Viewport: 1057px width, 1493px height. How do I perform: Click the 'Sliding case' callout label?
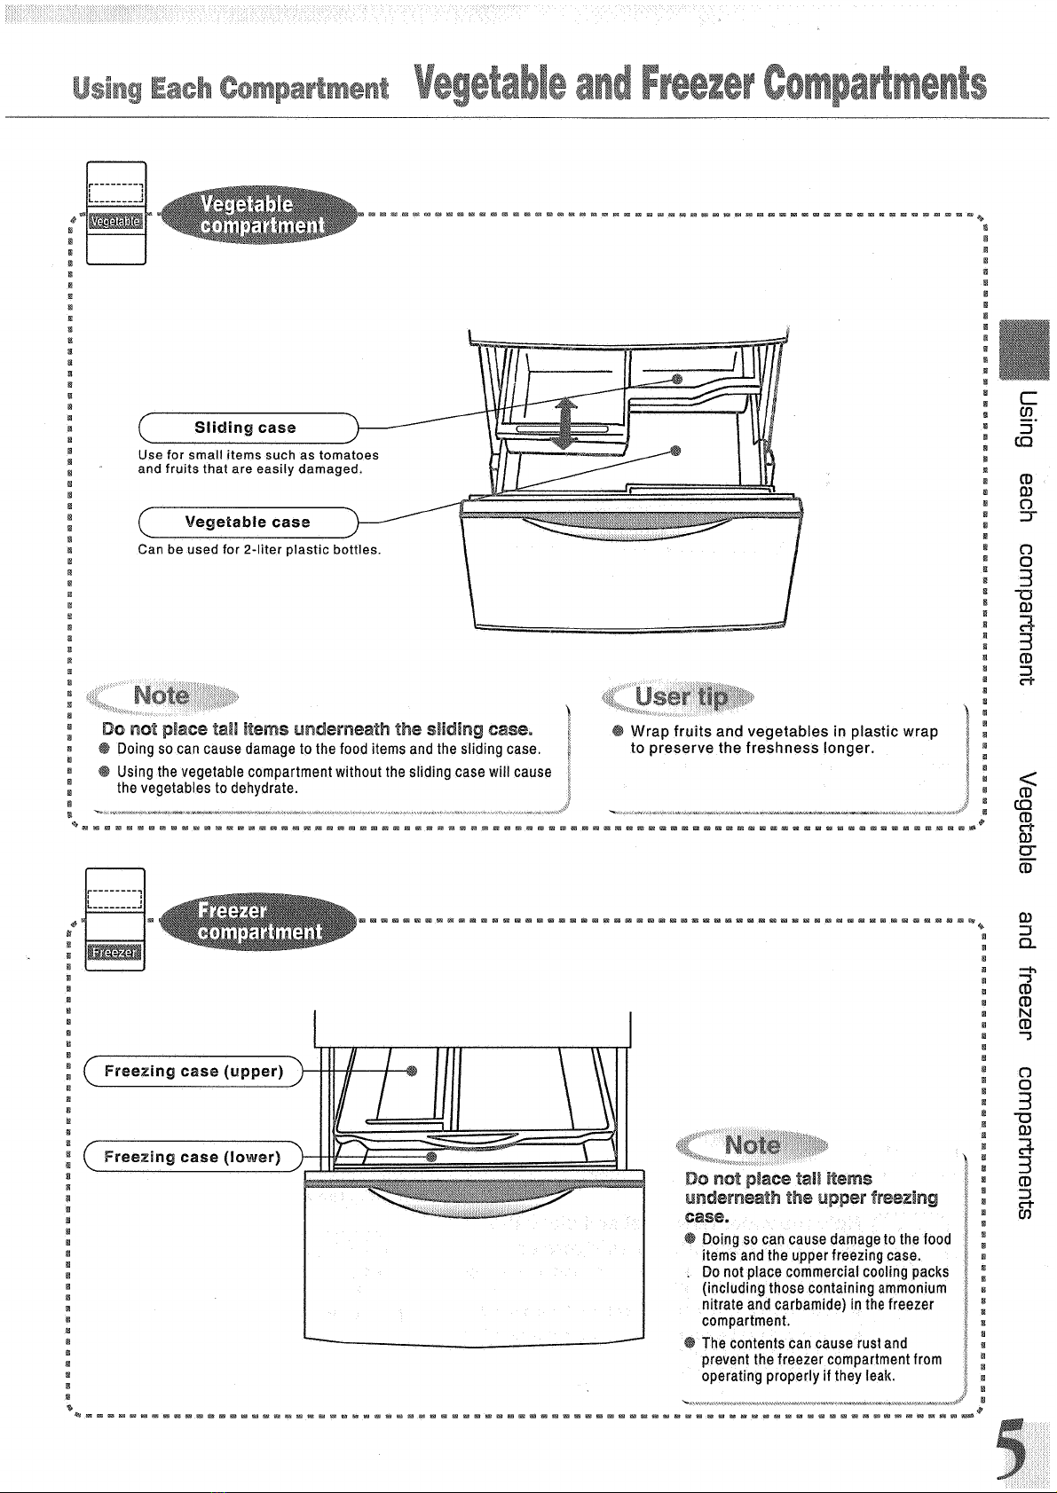pyautogui.click(x=248, y=428)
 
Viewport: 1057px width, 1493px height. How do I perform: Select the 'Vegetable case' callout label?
pyautogui.click(x=248, y=522)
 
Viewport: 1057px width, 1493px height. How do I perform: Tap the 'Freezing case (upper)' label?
pyautogui.click(x=193, y=1071)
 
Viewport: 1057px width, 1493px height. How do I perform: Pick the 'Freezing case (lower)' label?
pyautogui.click(x=193, y=1157)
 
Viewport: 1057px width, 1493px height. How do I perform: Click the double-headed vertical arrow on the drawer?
pyautogui.click(x=565, y=423)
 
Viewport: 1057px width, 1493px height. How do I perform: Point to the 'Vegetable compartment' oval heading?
pyautogui.click(x=259, y=215)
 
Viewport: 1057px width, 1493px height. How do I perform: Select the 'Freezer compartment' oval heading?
pyautogui.click(x=259, y=921)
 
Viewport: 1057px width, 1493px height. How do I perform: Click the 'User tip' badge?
pyautogui.click(x=678, y=697)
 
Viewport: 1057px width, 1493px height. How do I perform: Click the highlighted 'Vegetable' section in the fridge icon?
pyautogui.click(x=116, y=221)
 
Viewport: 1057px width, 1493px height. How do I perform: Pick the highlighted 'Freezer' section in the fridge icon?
pyautogui.click(x=114, y=953)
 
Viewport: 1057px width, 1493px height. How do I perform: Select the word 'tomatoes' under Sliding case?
pyautogui.click(x=349, y=455)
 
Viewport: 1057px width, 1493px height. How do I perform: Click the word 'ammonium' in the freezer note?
pyautogui.click(x=912, y=1288)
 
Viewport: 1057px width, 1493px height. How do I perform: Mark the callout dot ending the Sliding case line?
pyautogui.click(x=677, y=380)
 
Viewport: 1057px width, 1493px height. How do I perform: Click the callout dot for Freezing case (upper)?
pyautogui.click(x=412, y=1071)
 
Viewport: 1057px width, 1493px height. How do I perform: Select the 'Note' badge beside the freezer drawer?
pyautogui.click(x=753, y=1145)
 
